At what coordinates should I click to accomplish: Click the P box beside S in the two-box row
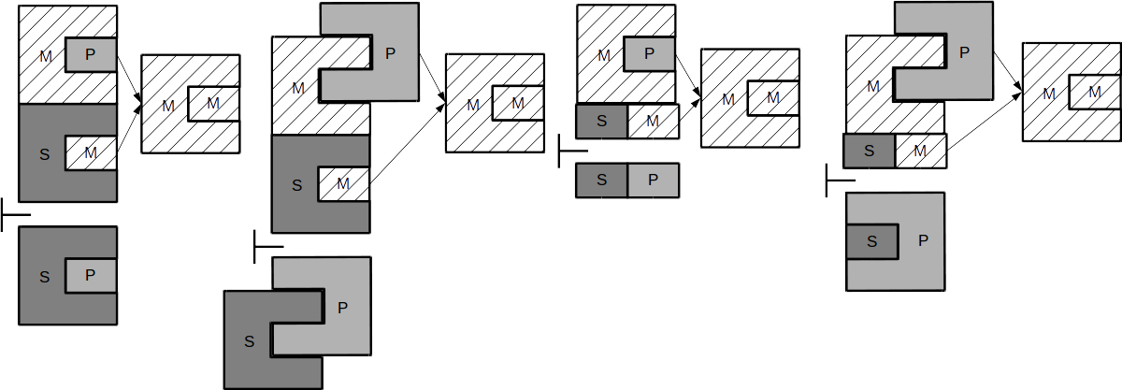[653, 181]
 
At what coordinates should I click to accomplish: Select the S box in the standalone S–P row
[601, 181]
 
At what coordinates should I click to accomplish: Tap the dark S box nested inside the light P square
[872, 241]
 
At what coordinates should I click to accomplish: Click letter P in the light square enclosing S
[923, 240]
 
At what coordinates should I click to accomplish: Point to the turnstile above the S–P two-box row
[571, 151]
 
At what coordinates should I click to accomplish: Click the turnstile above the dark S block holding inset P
[14, 216]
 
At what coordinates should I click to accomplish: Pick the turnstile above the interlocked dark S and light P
[266, 247]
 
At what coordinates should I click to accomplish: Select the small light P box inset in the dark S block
[91, 276]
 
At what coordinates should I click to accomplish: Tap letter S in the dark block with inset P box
[45, 276]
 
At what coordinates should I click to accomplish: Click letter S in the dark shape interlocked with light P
[249, 341]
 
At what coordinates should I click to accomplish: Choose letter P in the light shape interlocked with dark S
[342, 307]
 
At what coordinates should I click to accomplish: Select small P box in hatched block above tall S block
[91, 53]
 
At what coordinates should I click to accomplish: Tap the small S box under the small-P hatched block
[601, 120]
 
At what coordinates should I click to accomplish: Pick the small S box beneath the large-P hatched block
[870, 151]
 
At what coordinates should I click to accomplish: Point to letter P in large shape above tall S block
[391, 53]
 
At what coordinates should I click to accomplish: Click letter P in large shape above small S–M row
[964, 52]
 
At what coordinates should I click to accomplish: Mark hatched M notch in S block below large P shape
[342, 183]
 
